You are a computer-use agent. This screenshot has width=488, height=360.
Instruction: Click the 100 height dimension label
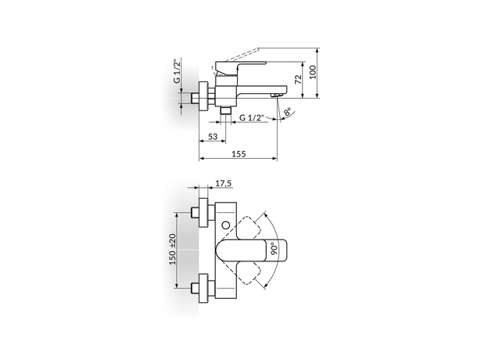[x=313, y=72]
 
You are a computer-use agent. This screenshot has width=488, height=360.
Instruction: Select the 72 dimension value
[x=299, y=79]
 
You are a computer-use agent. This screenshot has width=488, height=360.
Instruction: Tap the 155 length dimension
[x=239, y=154]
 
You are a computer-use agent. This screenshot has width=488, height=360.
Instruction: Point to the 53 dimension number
[x=213, y=136]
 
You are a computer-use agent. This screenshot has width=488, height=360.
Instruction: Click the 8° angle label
[x=288, y=112]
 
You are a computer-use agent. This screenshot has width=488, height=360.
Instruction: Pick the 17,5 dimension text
[x=224, y=183]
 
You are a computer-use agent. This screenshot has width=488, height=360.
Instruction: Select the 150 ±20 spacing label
[x=173, y=249]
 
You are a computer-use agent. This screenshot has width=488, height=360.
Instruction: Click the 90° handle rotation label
[x=274, y=249]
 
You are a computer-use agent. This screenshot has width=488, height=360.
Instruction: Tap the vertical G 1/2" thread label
[x=177, y=71]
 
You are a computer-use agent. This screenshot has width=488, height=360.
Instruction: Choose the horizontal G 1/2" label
[x=252, y=117]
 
